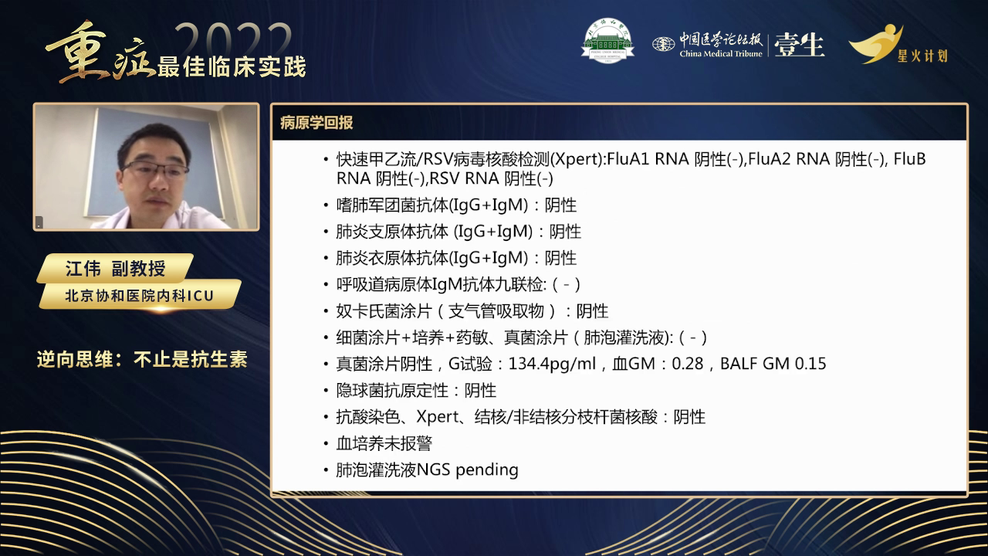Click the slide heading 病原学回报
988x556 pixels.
[x=316, y=123]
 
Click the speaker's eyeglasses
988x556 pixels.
[x=154, y=170]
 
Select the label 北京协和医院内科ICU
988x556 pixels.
[x=139, y=295]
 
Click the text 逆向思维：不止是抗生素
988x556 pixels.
[x=142, y=360]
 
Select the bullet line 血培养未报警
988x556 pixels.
[x=384, y=443]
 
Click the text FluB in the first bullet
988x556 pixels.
[x=910, y=160]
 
